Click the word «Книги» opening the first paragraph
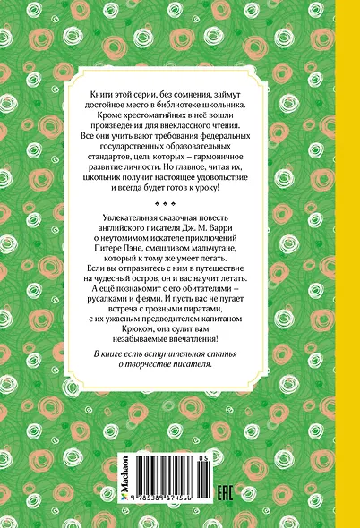[107, 95]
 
